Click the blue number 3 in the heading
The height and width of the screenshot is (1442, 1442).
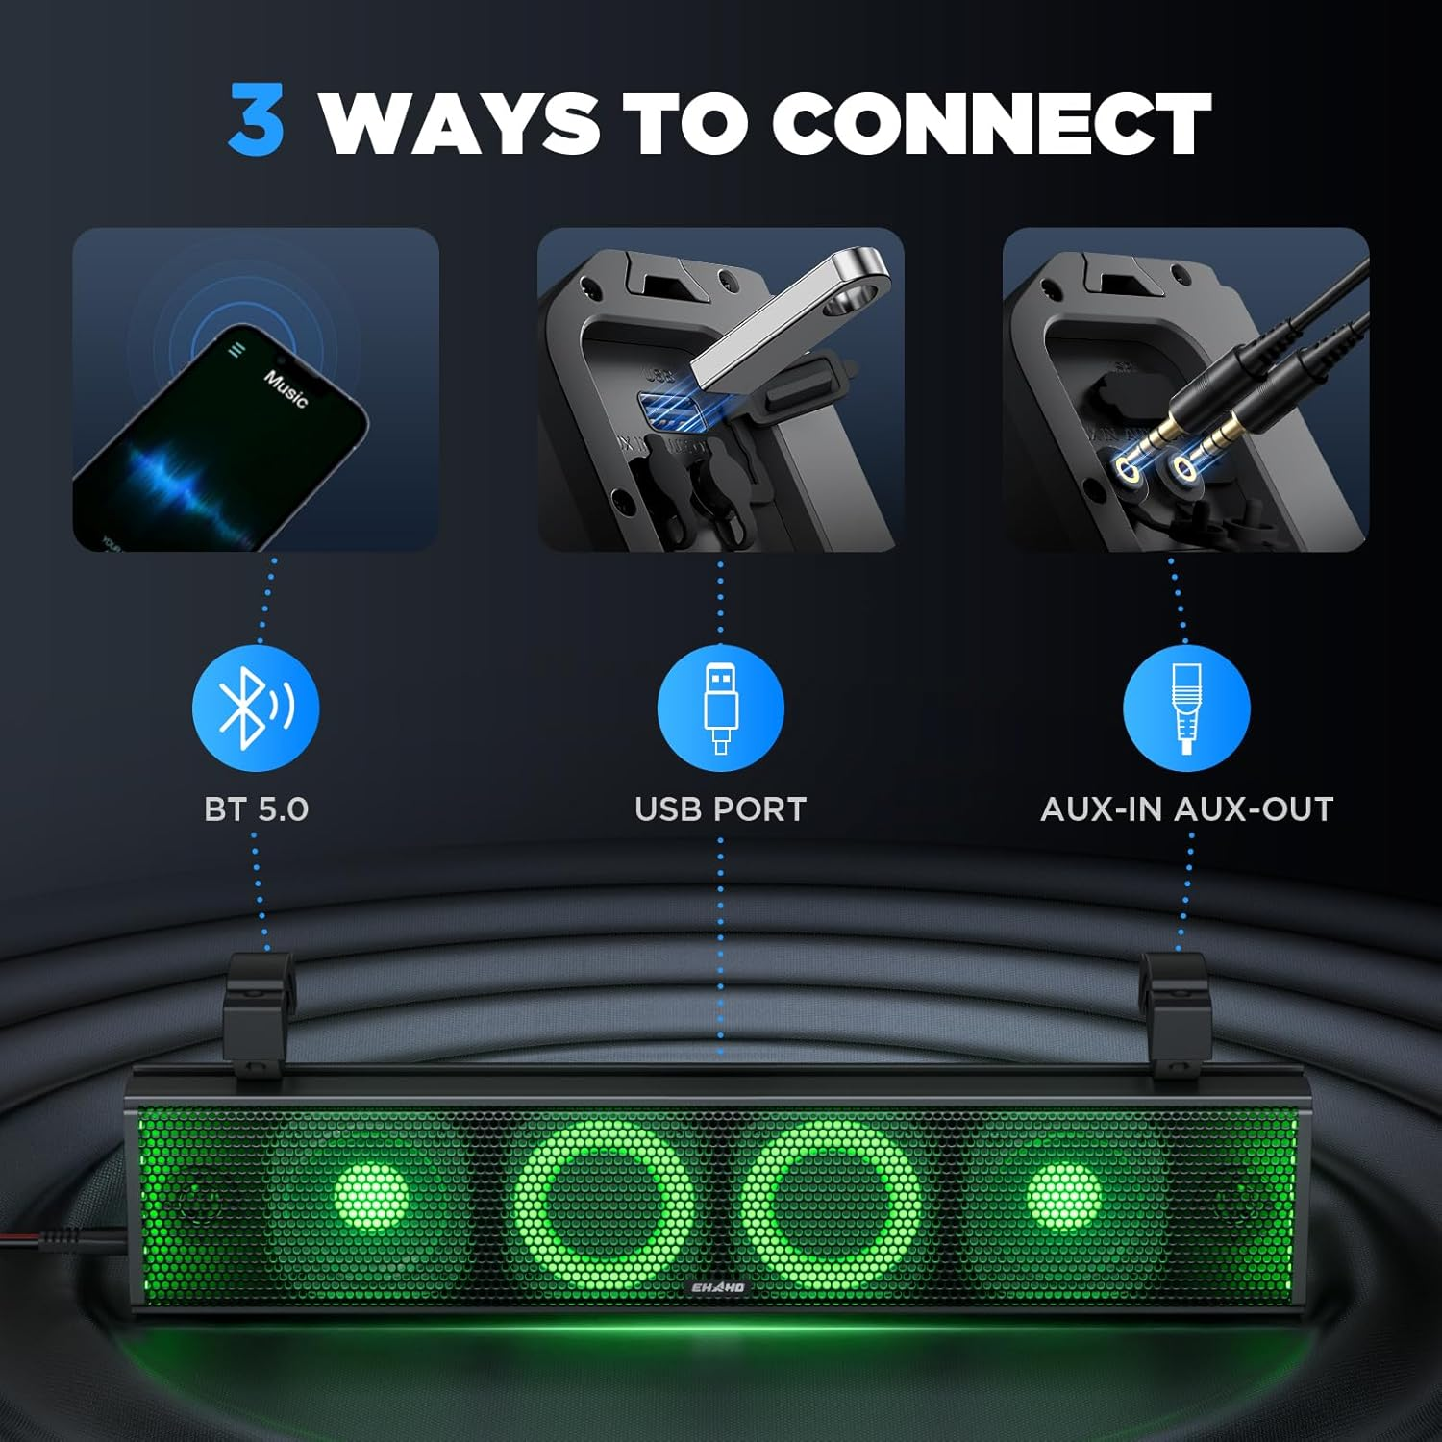tap(257, 121)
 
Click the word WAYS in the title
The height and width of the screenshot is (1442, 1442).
tap(460, 123)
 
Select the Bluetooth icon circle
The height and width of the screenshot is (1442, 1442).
tap(256, 709)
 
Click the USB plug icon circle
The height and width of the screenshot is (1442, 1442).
tap(720, 709)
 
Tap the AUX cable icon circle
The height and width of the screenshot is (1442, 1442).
tap(1186, 709)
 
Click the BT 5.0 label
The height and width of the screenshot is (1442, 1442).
tap(256, 809)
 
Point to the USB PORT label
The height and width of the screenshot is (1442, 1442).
tap(720, 809)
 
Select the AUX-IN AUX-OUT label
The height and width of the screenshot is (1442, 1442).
tap(1186, 809)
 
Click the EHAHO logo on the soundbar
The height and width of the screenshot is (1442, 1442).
tap(718, 1287)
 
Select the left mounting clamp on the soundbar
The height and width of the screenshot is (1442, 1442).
tap(257, 1009)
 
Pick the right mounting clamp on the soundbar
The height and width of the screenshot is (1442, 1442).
tap(1174, 1009)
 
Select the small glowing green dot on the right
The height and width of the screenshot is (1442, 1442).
tap(1063, 1197)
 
